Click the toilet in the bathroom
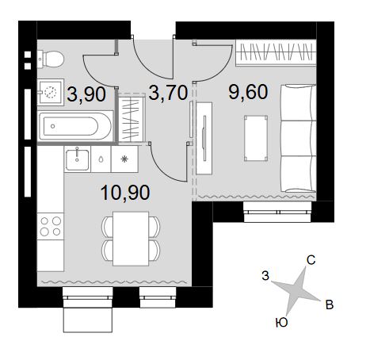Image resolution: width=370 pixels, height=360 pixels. click(x=51, y=59)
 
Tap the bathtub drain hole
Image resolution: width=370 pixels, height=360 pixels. click(x=53, y=126)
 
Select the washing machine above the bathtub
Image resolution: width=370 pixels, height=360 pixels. click(x=50, y=92)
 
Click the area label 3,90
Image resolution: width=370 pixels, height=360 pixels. click(x=86, y=94)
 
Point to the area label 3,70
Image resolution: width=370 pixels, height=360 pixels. click(x=168, y=93)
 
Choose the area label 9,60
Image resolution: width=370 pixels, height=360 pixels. click(x=248, y=92)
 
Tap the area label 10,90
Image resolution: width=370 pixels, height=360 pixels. click(x=125, y=193)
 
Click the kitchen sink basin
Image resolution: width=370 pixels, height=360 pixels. click(x=77, y=159)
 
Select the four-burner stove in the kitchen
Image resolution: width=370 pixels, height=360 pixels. click(x=50, y=226)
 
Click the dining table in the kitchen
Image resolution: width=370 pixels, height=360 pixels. click(x=131, y=239)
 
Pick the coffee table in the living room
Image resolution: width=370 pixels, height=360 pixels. click(x=256, y=138)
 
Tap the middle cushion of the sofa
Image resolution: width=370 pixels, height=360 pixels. click(x=298, y=138)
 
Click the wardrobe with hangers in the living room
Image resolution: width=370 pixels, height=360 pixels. click(x=276, y=52)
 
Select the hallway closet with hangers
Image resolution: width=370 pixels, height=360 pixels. click(x=132, y=117)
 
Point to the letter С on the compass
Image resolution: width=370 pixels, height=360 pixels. click(x=311, y=260)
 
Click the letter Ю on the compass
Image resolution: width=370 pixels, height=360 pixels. click(x=281, y=323)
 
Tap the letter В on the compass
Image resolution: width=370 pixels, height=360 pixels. click(x=330, y=304)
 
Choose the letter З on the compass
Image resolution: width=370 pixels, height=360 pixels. click(x=265, y=276)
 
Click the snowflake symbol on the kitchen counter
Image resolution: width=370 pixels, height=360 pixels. click(x=124, y=159)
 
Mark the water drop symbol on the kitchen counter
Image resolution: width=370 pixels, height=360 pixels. click(x=101, y=159)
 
